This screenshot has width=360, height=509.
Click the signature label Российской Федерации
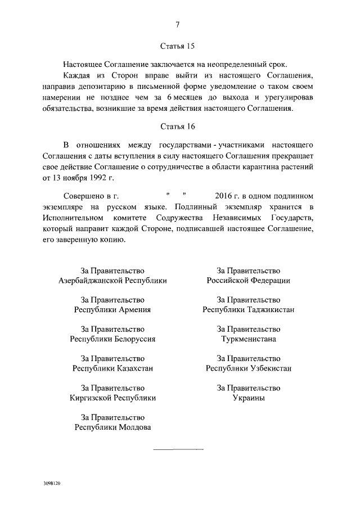pos(248,280)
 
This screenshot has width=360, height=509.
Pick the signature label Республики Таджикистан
pos(248,309)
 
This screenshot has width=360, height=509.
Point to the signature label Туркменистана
pos(248,339)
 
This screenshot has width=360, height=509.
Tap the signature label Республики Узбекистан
pos(248,368)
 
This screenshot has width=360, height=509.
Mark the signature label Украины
pos(248,398)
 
